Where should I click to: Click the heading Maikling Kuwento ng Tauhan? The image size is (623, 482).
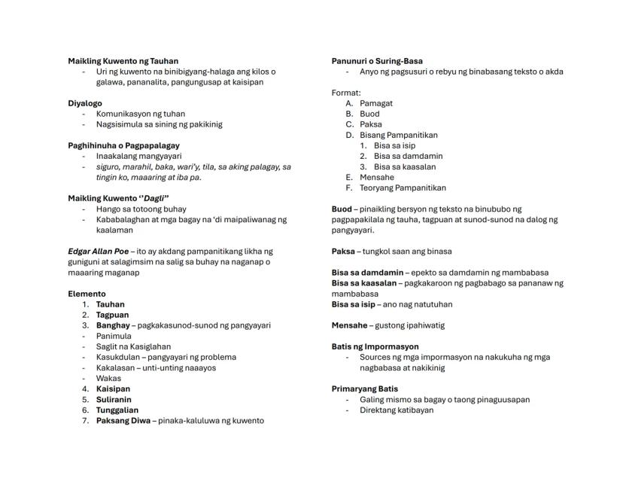[123, 61]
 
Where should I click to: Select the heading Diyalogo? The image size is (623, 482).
[85, 103]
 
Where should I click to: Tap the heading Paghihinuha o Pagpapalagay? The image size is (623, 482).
[123, 145]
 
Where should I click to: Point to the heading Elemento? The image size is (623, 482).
[87, 294]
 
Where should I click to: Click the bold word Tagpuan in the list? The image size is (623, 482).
[112, 315]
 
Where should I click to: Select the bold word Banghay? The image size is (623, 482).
[112, 325]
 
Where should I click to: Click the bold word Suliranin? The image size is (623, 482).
[114, 399]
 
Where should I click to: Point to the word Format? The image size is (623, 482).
[346, 93]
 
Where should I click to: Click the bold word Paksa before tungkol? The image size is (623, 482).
[343, 251]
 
